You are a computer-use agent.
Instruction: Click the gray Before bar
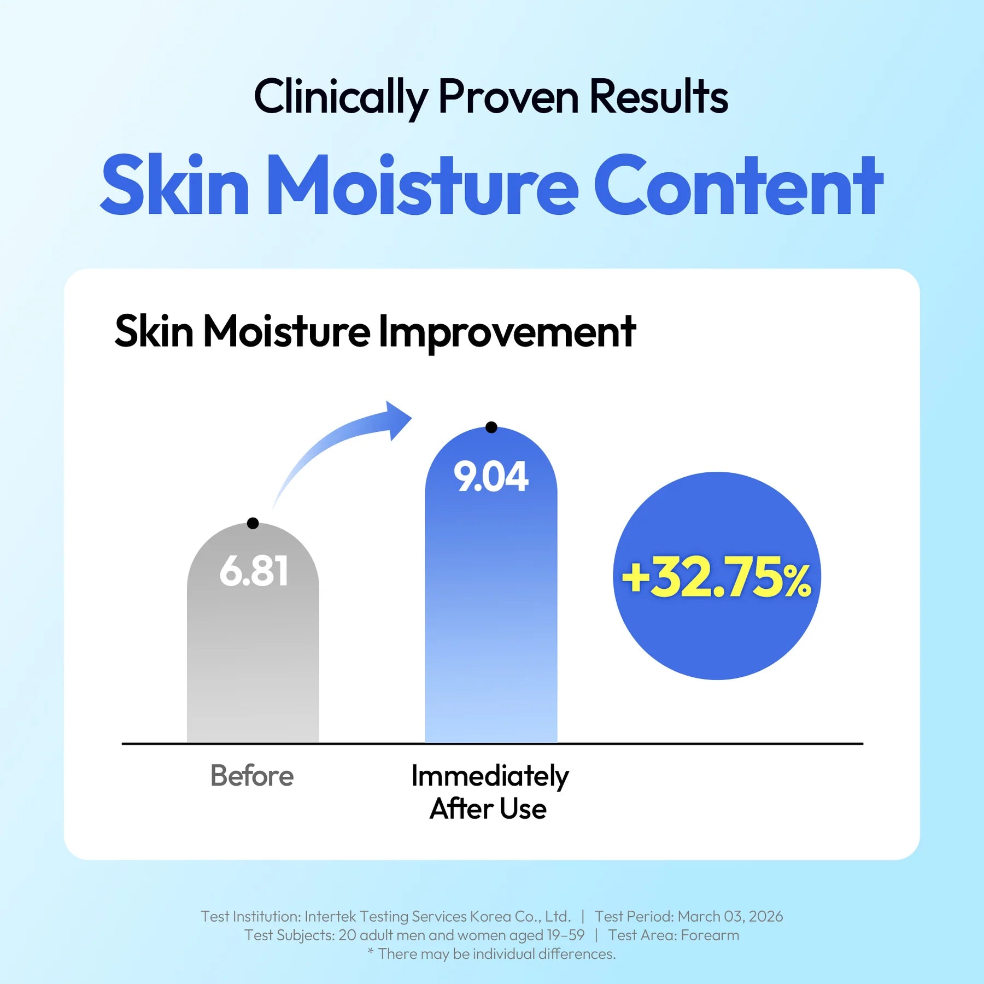pos(253,634)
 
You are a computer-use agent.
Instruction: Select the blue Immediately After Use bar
pos(491,585)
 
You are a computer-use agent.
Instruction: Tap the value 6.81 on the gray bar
pos(254,571)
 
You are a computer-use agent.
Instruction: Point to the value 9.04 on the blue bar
pos(491,477)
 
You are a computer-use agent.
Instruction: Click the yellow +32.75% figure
pos(717,577)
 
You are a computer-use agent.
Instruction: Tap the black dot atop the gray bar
pos(253,523)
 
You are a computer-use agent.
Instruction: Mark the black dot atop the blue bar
pos(491,427)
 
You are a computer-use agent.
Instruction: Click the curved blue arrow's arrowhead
pos(398,420)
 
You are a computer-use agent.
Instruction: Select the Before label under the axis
pos(252,776)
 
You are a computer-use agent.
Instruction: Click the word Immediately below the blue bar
pos(490,777)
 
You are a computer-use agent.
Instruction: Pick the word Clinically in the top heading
pos(341,97)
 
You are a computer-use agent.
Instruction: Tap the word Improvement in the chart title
pos(507,332)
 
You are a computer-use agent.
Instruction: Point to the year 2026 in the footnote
pos(766,916)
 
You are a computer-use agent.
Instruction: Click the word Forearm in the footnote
pos(710,935)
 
